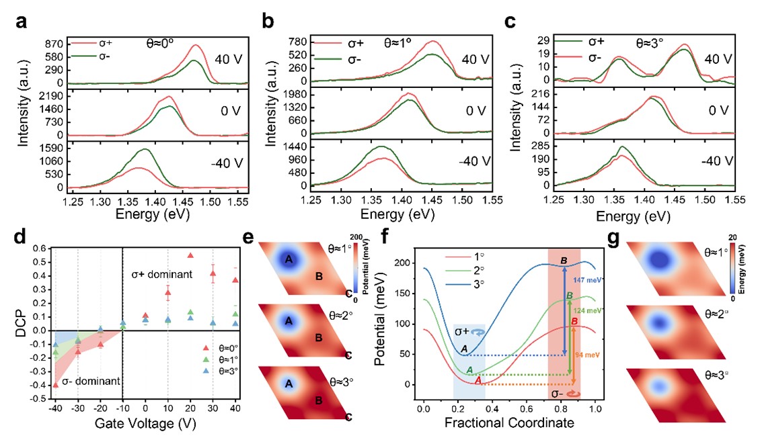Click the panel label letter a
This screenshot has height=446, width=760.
click(21, 21)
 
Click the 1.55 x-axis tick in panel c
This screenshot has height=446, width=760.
click(734, 200)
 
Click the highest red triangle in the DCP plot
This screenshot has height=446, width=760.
click(190, 255)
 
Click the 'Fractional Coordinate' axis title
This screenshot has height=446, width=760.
click(510, 425)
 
